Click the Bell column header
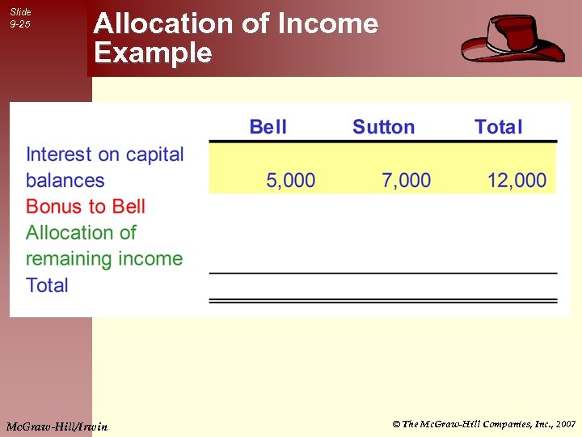[268, 127]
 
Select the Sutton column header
[383, 127]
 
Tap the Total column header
[498, 127]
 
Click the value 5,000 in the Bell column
[291, 180]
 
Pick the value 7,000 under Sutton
[407, 180]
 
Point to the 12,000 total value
[517, 180]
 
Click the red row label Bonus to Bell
[86, 206]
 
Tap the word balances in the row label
[65, 180]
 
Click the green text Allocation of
[81, 233]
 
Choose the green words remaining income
[104, 259]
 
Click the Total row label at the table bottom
[47, 285]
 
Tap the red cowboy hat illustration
[512, 38]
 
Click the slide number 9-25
[20, 24]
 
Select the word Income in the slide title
[327, 23]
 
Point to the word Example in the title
[153, 53]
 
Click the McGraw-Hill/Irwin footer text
[56, 424]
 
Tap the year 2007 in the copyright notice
[566, 424]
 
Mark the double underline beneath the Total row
[383, 300]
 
